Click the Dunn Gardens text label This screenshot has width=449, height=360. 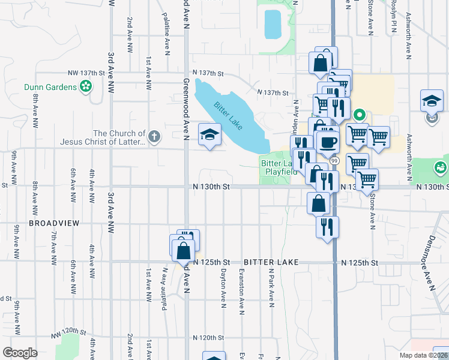pos(50,87)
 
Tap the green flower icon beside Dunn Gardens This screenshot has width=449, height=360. pos(86,87)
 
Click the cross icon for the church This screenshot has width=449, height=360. pos(154,137)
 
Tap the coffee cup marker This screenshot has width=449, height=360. pos(328,142)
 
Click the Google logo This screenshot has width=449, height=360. pos(20,353)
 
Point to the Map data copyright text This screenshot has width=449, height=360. pos(423,355)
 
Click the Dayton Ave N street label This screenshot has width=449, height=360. pos(223,285)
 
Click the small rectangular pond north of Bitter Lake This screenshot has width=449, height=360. pos(273,23)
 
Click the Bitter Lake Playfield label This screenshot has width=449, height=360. pos(278,167)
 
